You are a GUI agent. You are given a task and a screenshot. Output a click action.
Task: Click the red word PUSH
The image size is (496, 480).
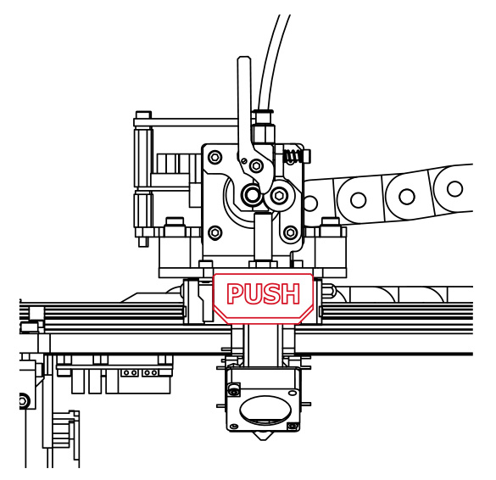(263, 294)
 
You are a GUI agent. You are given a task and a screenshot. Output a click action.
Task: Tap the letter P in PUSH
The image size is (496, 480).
(234, 294)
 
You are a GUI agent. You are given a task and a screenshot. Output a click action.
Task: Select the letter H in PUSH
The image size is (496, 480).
(291, 294)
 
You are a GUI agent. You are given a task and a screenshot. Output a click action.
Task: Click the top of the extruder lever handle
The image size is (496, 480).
(244, 58)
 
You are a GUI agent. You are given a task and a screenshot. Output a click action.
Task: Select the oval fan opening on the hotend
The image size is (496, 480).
(265, 410)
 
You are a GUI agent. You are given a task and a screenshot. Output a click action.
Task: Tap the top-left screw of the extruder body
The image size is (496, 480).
(215, 157)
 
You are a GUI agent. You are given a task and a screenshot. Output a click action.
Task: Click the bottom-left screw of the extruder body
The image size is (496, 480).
(215, 233)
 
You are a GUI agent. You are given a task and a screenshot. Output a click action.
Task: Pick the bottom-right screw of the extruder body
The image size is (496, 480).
(291, 233)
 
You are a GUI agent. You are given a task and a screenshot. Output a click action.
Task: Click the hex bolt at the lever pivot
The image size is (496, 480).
(256, 165)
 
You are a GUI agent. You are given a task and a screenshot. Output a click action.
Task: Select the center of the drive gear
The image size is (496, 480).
(252, 194)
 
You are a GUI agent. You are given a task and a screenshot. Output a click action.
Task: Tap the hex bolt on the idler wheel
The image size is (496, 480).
(279, 196)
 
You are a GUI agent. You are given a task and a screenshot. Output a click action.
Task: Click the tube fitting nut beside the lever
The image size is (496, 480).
(264, 133)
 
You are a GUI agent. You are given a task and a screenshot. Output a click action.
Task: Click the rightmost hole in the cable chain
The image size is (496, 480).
(454, 188)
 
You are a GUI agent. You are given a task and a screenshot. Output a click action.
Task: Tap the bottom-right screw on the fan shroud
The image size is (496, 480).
(293, 427)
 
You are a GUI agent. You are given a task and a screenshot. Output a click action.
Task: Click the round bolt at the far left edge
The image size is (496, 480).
(23, 401)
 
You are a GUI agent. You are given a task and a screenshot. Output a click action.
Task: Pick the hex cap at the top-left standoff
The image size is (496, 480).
(143, 114)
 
